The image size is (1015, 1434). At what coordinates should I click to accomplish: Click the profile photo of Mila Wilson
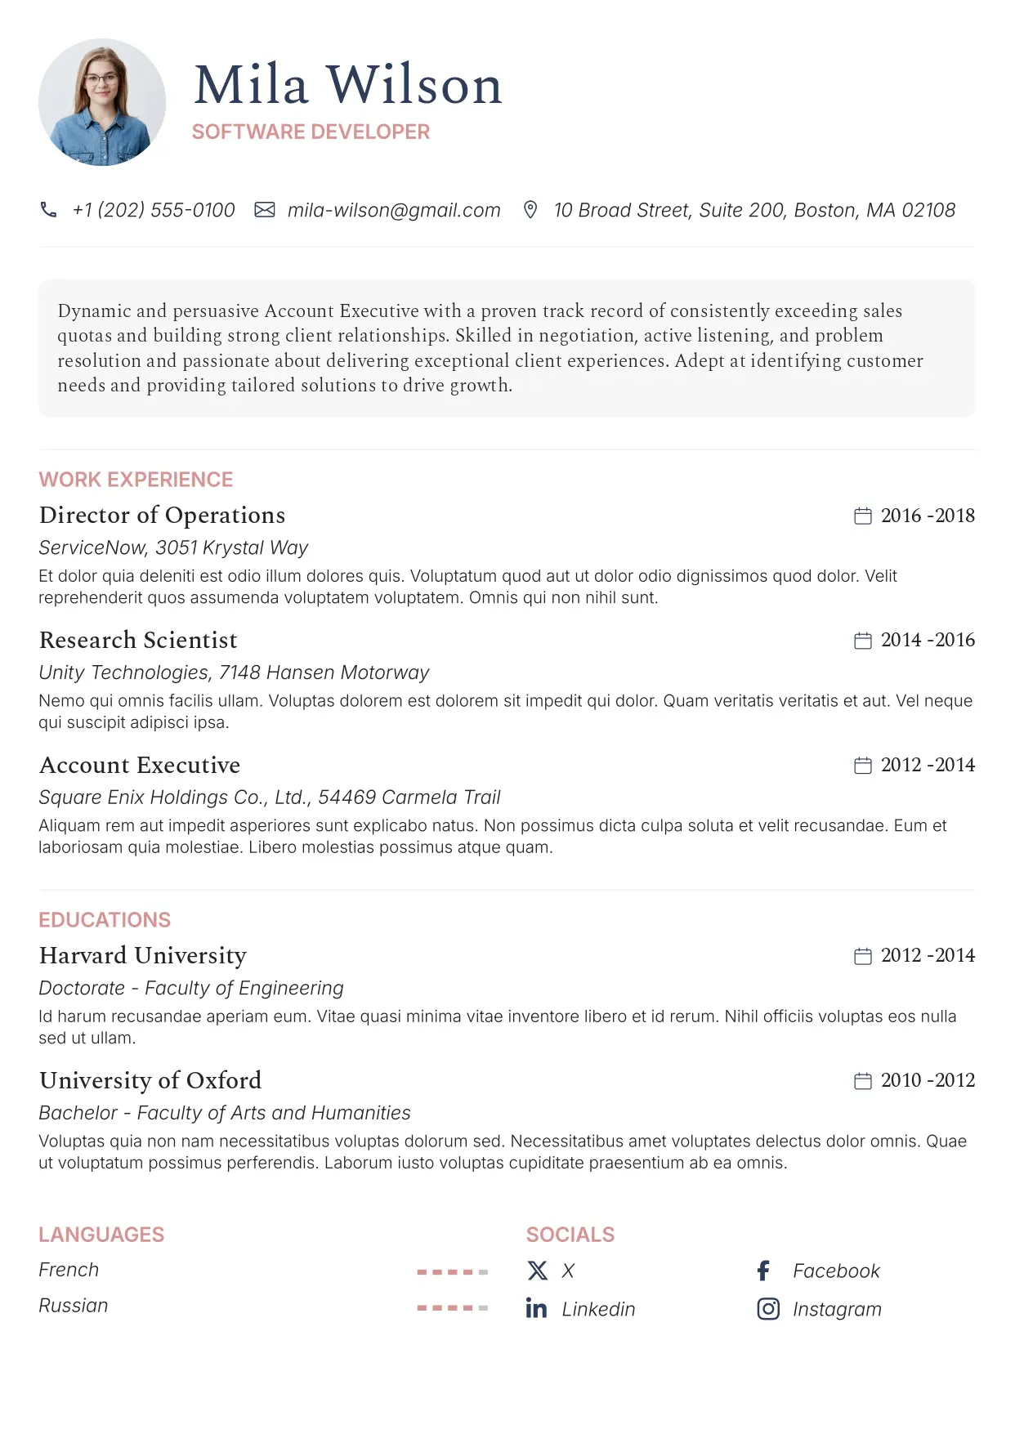tap(102, 102)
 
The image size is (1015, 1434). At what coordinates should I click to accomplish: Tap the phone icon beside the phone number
tap(49, 210)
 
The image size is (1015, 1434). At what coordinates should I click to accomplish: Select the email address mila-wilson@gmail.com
tap(394, 210)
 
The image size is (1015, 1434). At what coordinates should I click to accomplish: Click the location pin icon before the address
tap(530, 210)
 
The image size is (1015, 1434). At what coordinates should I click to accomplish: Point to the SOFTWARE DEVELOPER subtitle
tap(311, 132)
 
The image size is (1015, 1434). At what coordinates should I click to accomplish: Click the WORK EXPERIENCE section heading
tap(136, 480)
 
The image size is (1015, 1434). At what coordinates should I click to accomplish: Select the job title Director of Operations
tap(162, 516)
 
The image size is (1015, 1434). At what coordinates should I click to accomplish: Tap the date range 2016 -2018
tap(928, 516)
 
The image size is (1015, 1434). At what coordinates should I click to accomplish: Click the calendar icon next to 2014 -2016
tap(862, 641)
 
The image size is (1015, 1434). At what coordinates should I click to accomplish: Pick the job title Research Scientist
tap(138, 641)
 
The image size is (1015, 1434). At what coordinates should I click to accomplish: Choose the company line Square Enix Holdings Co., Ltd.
tap(270, 797)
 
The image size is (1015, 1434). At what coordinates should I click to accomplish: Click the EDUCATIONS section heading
tap(105, 920)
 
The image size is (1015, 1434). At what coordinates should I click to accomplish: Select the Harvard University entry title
tap(143, 956)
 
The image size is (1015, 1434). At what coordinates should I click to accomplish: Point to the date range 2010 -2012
tap(928, 1080)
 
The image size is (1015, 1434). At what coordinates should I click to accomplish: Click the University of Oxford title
tap(150, 1080)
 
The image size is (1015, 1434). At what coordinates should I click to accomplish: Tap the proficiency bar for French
tap(452, 1272)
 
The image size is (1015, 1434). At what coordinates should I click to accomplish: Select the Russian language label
tap(74, 1306)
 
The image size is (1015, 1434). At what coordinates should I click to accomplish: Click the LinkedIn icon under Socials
tap(536, 1309)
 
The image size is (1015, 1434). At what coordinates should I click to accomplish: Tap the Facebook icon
tap(764, 1271)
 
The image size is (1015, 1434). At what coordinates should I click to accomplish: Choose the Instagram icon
tap(768, 1309)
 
